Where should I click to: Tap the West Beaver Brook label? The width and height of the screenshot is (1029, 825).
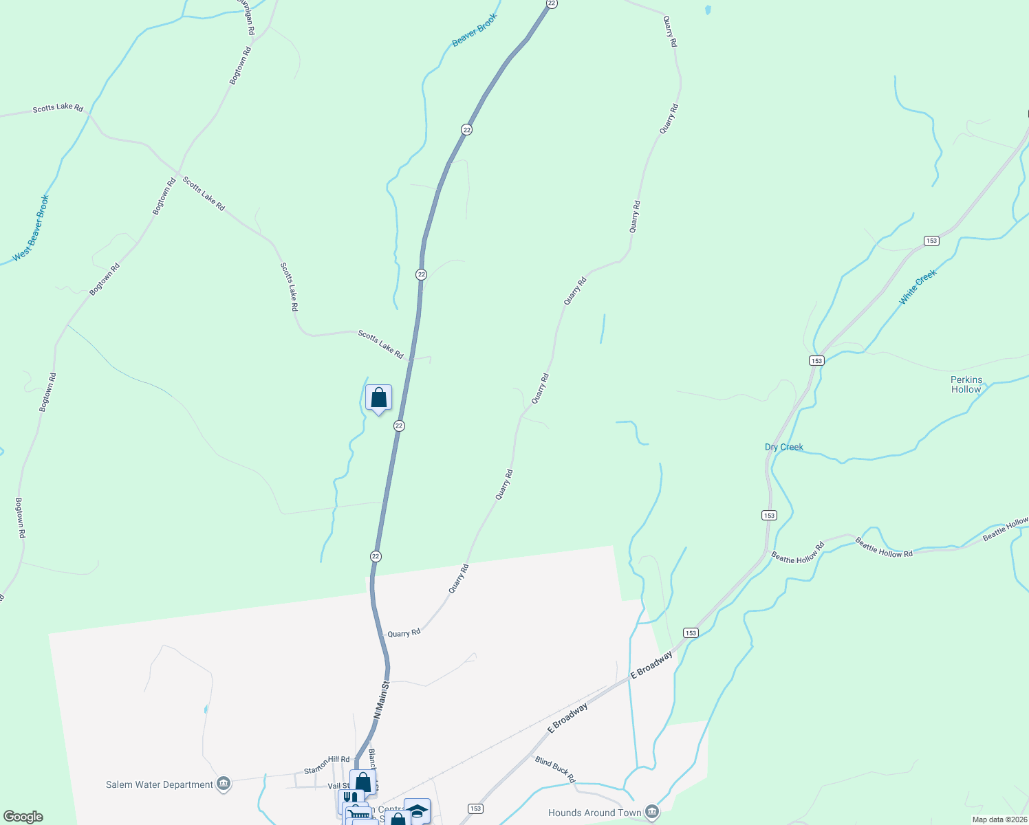coord(31,229)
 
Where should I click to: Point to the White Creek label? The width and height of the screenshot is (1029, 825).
coord(918,287)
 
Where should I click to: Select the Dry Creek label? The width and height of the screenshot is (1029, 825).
coord(783,447)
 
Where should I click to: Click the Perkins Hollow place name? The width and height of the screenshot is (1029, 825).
coord(966,384)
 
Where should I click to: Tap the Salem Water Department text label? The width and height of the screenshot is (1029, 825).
coord(160,784)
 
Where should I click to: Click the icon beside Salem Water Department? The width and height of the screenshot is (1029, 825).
coord(223,784)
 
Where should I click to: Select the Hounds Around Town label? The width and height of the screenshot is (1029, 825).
coord(594,813)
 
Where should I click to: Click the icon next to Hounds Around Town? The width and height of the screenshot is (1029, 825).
coord(652,813)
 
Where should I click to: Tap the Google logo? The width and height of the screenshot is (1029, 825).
coord(23,817)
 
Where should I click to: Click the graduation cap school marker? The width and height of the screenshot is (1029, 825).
coord(417,811)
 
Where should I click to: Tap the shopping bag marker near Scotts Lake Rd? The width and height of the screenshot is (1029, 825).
coord(378,398)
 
